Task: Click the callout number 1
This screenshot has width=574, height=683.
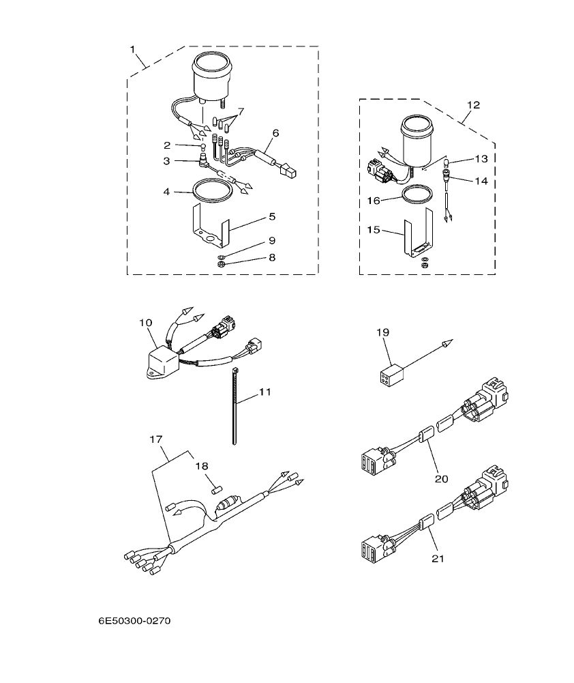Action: point(132,49)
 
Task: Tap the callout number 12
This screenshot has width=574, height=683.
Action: point(474,105)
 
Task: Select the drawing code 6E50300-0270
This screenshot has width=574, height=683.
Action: point(134,622)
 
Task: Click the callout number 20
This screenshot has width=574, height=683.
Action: point(441,478)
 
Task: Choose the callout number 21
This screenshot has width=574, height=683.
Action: point(437,558)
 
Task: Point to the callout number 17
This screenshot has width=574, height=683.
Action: point(155,439)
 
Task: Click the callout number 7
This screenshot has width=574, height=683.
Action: point(241,111)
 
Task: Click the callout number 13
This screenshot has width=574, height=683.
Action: point(482,158)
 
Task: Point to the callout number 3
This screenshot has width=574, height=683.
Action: point(166,162)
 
